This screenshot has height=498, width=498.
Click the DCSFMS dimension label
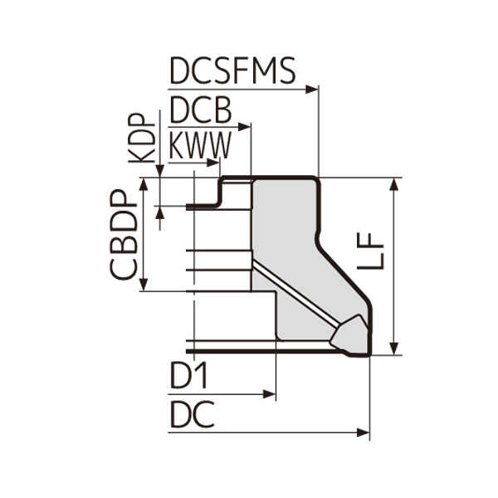232,72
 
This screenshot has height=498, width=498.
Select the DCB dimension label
199,110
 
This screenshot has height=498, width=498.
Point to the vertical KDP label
142,138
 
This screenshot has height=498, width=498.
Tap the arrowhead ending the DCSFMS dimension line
313,88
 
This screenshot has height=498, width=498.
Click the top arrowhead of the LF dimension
394,183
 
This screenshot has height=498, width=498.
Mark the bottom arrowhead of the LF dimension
394,348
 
